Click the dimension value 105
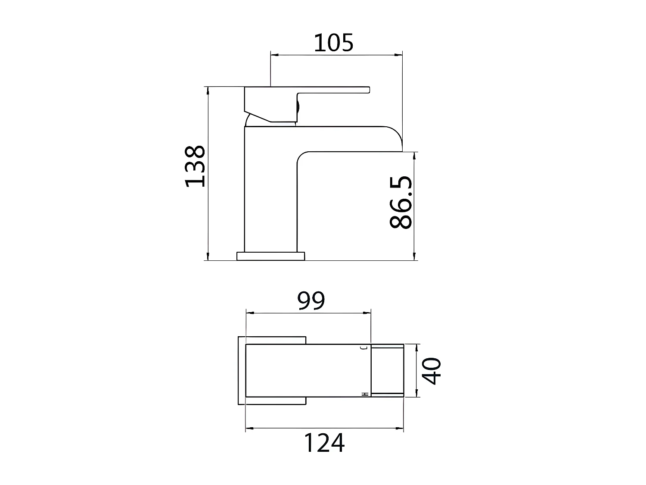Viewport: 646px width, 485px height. click(x=333, y=43)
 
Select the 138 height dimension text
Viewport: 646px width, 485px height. click(x=195, y=166)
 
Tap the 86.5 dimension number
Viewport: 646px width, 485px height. click(x=401, y=202)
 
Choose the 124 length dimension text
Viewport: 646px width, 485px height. click(x=324, y=443)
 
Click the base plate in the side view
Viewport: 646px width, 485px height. click(x=270, y=256)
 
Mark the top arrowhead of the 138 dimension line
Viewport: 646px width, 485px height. click(x=208, y=89)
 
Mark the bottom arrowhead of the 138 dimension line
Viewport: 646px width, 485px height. click(x=208, y=258)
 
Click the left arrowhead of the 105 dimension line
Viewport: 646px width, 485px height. click(x=273, y=55)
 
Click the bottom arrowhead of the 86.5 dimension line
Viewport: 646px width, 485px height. click(x=414, y=257)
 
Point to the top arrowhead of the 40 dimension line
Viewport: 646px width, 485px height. click(x=416, y=347)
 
